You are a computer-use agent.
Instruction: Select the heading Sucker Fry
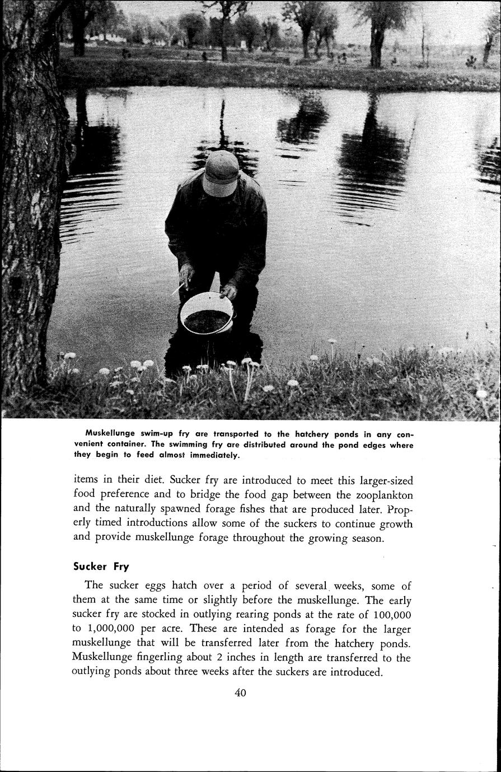click(x=101, y=565)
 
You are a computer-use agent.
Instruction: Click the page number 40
click(x=241, y=693)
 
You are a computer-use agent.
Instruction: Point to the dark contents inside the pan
click(x=205, y=320)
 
